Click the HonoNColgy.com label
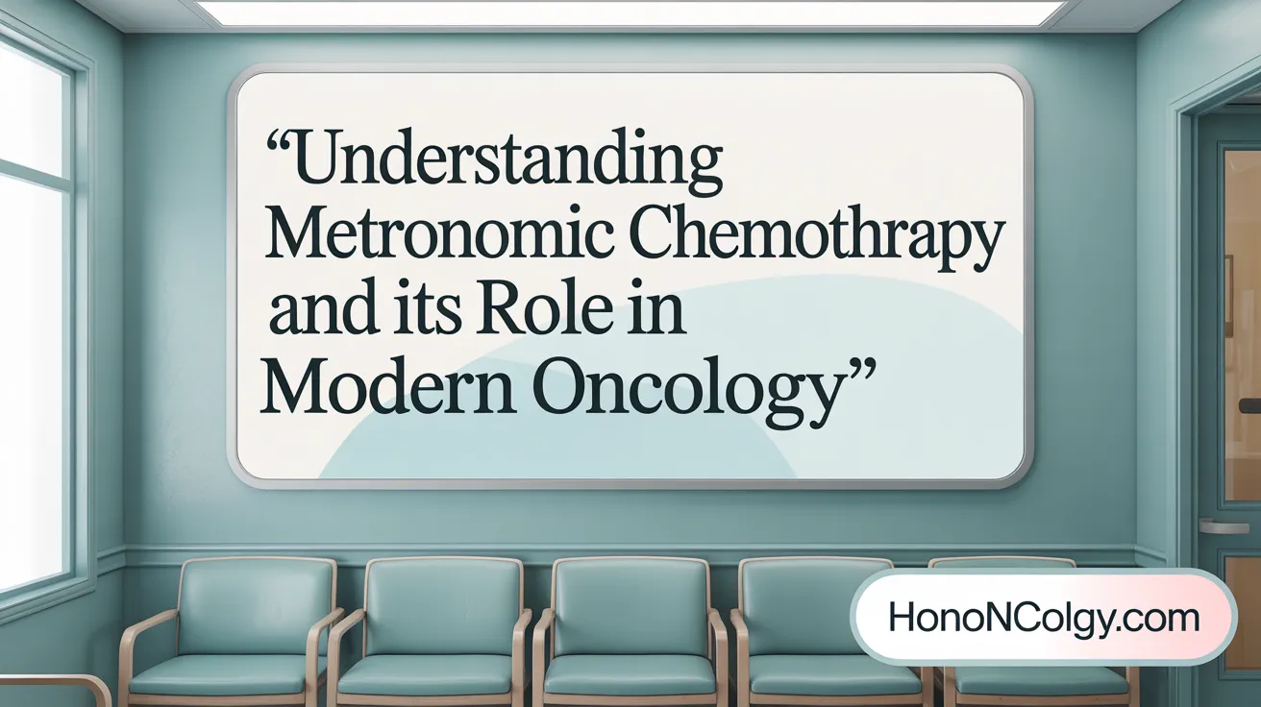click(1043, 617)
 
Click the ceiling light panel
click(630, 12)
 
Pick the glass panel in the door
click(1242, 317)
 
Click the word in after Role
click(658, 314)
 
